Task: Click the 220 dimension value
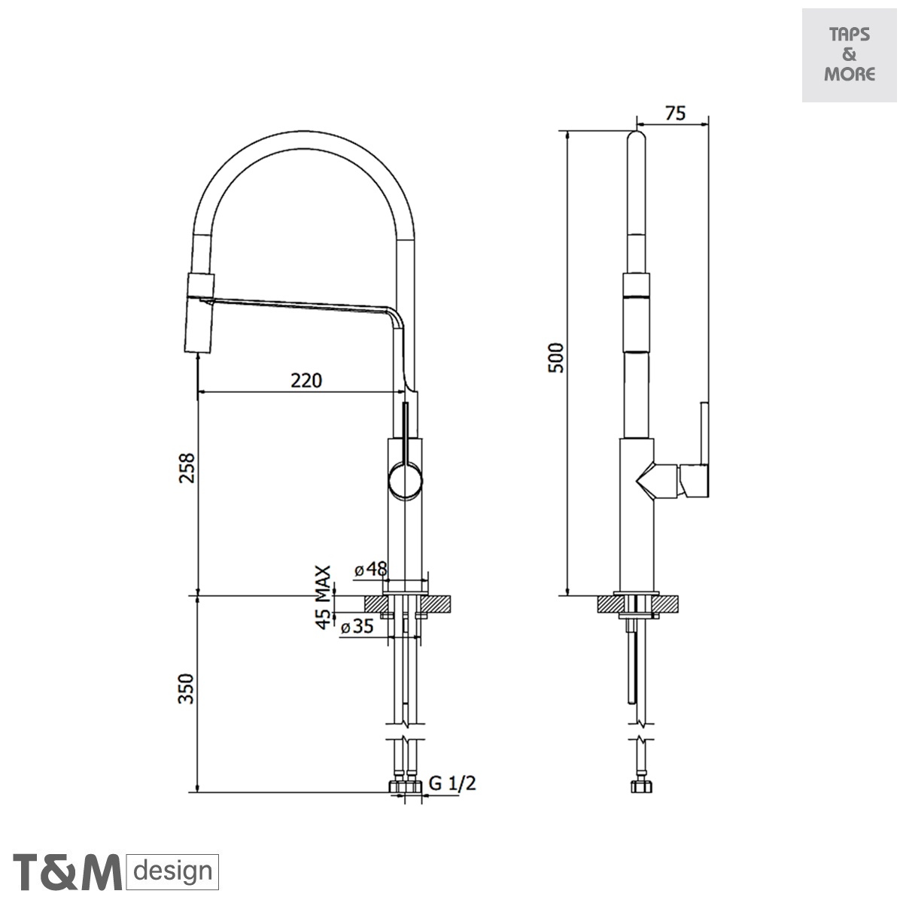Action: (306, 380)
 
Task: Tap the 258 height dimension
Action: (187, 468)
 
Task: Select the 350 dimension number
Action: (186, 689)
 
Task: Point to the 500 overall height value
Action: (556, 358)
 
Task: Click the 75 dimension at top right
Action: (675, 114)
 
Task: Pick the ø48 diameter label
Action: (371, 569)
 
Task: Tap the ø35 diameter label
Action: (357, 626)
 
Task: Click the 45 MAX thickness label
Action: (323, 597)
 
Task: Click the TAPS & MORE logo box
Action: (849, 55)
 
